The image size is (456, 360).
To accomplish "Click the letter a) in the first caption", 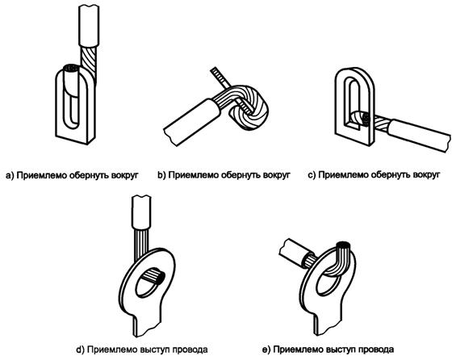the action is click(x=10, y=175).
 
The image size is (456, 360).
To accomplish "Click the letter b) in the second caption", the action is click(x=161, y=175).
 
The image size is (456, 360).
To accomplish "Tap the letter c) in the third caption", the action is click(x=312, y=175).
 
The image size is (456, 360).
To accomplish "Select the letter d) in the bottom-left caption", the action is click(x=80, y=350).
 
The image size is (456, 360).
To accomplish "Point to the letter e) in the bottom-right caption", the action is click(x=266, y=350).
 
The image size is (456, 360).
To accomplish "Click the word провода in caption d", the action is click(x=190, y=350).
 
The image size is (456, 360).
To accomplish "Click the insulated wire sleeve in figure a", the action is click(x=89, y=25).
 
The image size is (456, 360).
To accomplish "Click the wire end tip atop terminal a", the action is click(x=71, y=69).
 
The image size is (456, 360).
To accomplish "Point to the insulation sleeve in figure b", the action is click(x=192, y=122).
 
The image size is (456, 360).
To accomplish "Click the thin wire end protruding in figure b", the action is click(x=219, y=76).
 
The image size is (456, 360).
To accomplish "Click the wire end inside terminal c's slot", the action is click(x=360, y=119).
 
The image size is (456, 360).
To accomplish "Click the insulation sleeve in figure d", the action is click(x=141, y=212).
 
